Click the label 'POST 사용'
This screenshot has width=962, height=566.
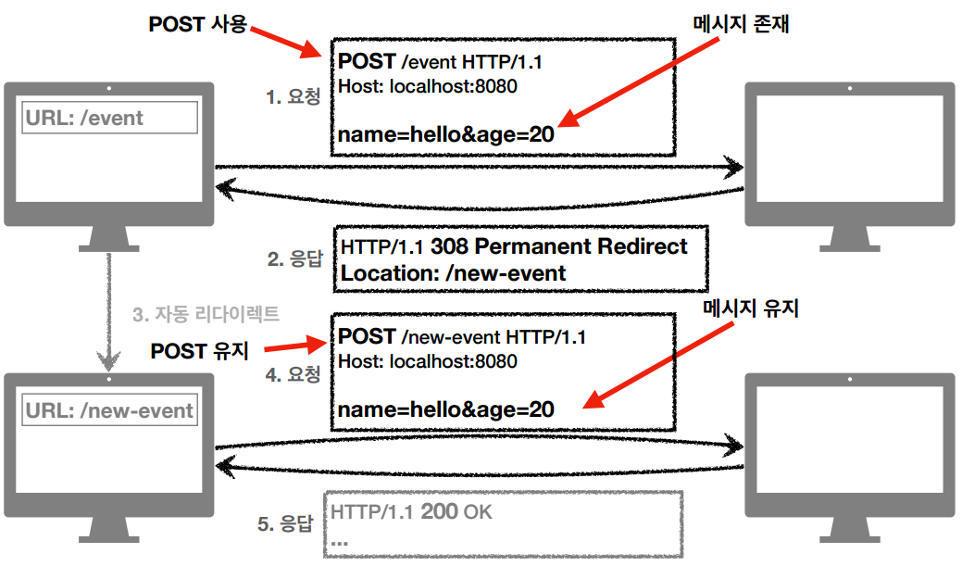[x=198, y=25]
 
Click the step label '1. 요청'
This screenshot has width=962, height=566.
[x=294, y=96]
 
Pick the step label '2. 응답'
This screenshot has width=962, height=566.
[x=294, y=259]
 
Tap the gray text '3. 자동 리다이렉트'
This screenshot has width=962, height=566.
[x=206, y=314]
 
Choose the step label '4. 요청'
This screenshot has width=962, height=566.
[x=294, y=375]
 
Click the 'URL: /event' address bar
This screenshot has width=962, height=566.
[x=109, y=118]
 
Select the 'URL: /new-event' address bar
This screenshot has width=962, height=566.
[x=109, y=410]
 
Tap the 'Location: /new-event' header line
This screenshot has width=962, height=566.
[x=453, y=273]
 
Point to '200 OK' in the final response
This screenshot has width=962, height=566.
[x=459, y=511]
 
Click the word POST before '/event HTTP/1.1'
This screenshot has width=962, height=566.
[x=368, y=62]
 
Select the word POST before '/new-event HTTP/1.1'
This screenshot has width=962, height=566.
[x=368, y=336]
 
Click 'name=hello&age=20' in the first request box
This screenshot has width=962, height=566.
[x=445, y=135]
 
